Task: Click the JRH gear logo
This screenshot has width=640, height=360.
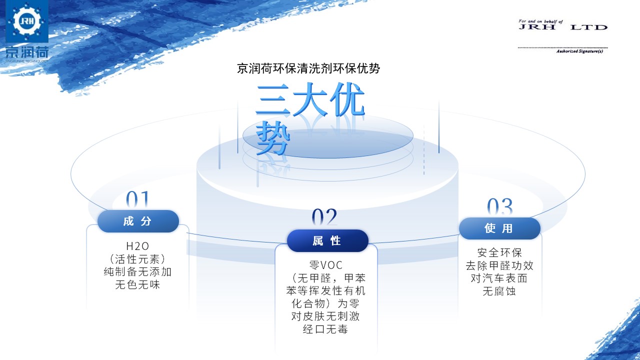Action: tap(27, 21)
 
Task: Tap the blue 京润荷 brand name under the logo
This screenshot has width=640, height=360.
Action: tap(27, 52)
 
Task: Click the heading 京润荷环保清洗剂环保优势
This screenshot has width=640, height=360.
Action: tap(308, 68)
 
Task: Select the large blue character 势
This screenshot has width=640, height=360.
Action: tap(273, 137)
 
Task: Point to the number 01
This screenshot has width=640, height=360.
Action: tap(137, 199)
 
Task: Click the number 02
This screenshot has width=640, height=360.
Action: tap(324, 216)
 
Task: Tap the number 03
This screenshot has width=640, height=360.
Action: tap(499, 206)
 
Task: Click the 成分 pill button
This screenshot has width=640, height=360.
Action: tap(138, 221)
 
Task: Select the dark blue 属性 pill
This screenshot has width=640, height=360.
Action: tap(327, 240)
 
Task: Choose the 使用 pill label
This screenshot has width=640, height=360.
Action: tap(499, 228)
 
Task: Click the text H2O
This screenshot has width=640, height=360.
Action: tap(137, 246)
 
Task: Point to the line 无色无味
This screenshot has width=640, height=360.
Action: tap(137, 284)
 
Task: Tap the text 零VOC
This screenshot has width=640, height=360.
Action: tap(325, 265)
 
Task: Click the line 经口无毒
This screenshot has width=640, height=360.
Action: tap(325, 329)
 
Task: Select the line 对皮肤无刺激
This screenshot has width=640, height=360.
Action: tap(325, 316)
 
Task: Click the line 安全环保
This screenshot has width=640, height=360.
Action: tap(499, 252)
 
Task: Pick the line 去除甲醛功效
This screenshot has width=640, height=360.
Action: tap(499, 265)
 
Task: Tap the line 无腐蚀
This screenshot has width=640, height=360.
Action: tap(499, 291)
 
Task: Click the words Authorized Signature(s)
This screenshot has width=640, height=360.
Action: tap(579, 51)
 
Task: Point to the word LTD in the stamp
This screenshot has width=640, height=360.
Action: tap(589, 27)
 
